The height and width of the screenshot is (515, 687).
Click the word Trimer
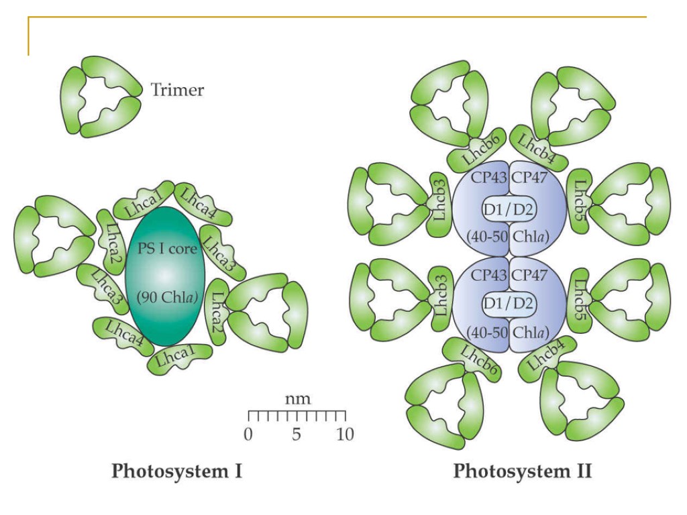point(177,89)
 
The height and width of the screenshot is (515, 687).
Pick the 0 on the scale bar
point(248,434)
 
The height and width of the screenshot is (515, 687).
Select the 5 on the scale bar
point(297,434)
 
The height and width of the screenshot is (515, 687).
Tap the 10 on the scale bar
point(345,434)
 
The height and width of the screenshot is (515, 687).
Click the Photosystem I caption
point(176,471)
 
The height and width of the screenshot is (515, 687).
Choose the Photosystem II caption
point(523,471)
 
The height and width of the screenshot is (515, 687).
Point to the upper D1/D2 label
point(507,210)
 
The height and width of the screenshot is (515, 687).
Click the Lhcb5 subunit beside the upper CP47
point(580,203)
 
